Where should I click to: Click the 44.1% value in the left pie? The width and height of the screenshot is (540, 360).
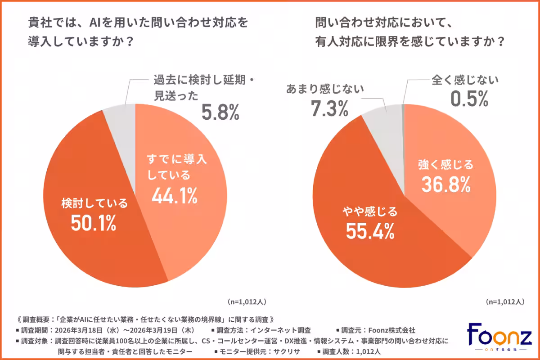[x=175, y=195]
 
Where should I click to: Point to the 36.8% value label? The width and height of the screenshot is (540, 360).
[x=446, y=183]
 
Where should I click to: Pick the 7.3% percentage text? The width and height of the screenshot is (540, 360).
[x=329, y=108]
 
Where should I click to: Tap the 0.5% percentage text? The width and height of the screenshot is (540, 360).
[x=469, y=99]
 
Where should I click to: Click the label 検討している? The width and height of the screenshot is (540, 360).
[x=94, y=203]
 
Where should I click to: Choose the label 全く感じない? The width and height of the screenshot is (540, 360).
[x=465, y=80]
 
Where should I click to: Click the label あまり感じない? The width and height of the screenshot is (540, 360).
[x=325, y=89]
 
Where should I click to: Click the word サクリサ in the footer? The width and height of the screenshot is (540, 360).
[x=287, y=351]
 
